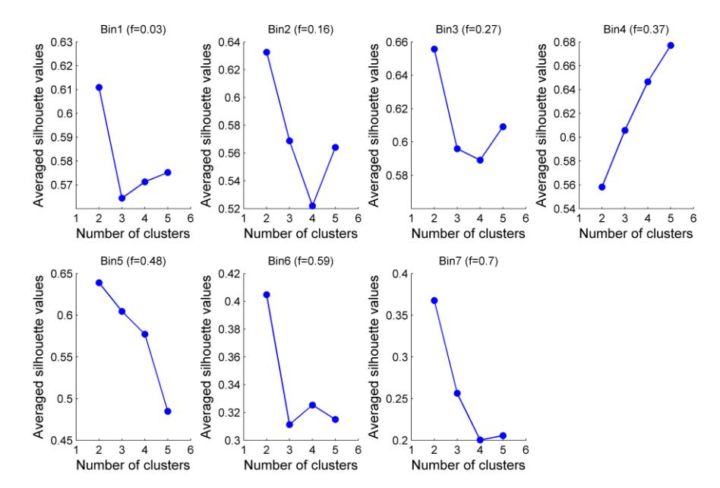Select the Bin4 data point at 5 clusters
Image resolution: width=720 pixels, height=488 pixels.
pos(671,46)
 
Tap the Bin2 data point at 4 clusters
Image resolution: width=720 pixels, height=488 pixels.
pos(312,206)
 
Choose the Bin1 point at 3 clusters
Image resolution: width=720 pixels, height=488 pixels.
pos(122,198)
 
